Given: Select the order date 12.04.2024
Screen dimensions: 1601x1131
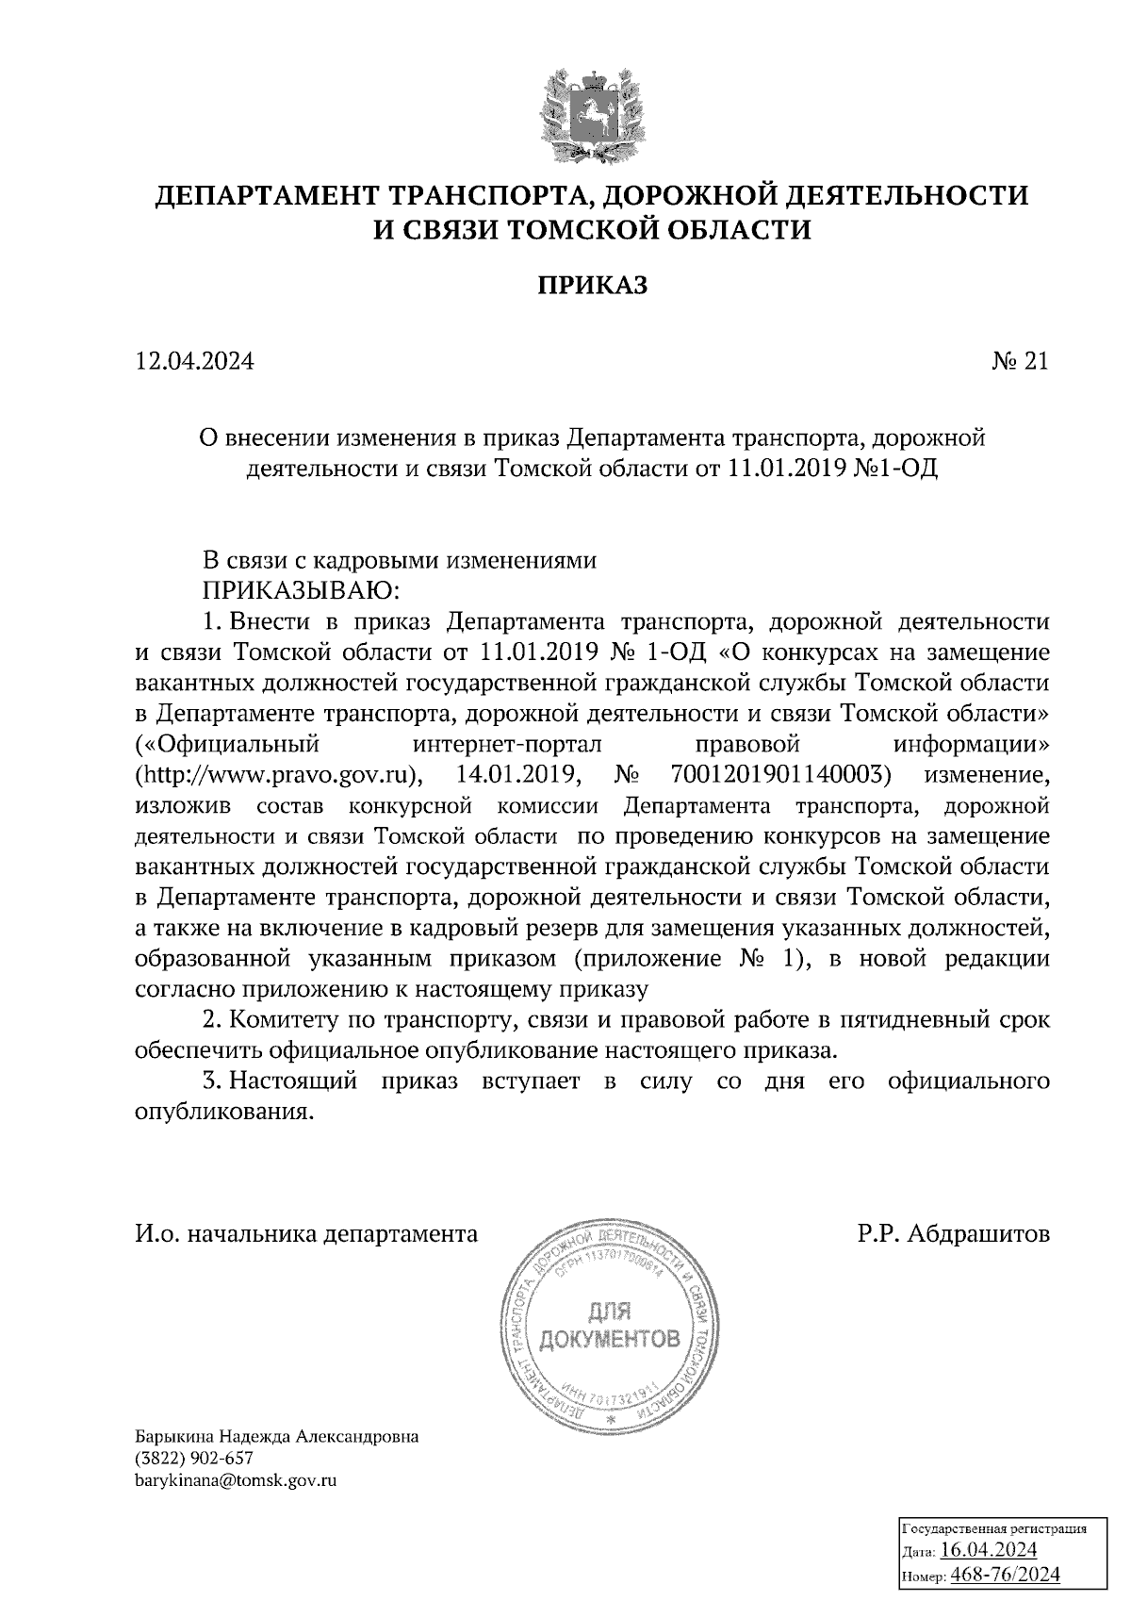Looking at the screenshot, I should (x=194, y=361).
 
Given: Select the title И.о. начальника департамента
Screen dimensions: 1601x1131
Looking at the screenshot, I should (x=306, y=1234).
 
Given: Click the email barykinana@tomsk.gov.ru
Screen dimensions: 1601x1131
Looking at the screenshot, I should (x=237, y=1479).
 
